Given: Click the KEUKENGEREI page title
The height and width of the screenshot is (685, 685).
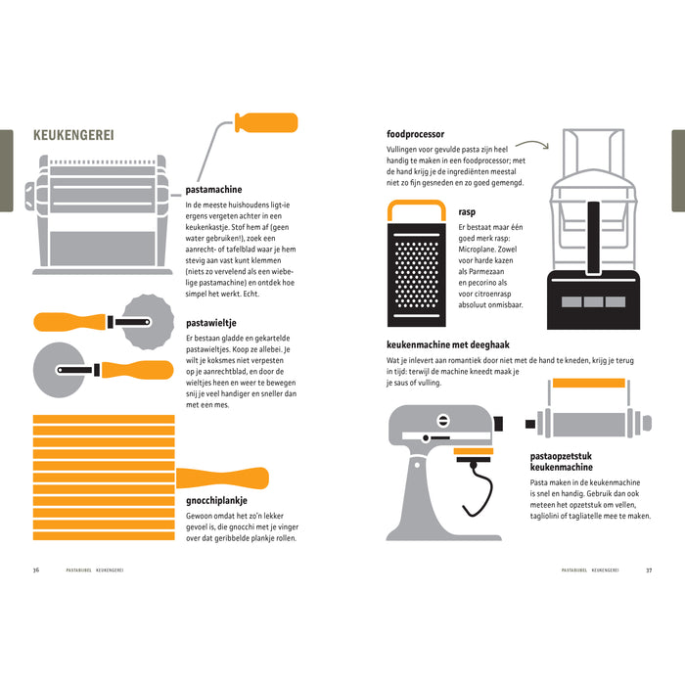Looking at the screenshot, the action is (x=73, y=135).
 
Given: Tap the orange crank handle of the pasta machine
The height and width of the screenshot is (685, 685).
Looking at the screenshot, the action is (x=266, y=122).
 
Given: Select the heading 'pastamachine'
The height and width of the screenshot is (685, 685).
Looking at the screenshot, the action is (x=213, y=190).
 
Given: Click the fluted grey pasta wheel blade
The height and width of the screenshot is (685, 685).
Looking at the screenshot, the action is (x=148, y=322).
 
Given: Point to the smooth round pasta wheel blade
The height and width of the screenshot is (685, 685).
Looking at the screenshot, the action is (x=59, y=370).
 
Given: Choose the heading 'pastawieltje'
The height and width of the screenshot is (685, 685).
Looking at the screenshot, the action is (x=211, y=323).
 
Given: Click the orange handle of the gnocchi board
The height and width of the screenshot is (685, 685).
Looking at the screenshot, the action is (x=222, y=478).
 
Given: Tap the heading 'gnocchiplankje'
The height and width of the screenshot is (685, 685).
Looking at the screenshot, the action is (x=216, y=501).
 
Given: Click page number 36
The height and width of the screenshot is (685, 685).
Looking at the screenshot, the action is (x=36, y=570).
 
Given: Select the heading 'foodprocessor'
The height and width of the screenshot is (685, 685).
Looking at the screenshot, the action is (x=415, y=134).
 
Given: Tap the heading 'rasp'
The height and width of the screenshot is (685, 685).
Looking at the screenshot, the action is (x=467, y=212).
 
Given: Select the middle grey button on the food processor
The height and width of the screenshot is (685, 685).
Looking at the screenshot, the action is (x=593, y=301).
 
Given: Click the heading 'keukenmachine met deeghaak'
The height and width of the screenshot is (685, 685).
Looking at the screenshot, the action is (x=448, y=344).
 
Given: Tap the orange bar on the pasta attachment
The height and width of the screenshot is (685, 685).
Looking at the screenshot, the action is (x=588, y=384).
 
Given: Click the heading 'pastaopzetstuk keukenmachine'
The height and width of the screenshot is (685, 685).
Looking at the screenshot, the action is (x=562, y=461).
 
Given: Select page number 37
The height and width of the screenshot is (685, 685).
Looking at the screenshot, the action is (x=649, y=571).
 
